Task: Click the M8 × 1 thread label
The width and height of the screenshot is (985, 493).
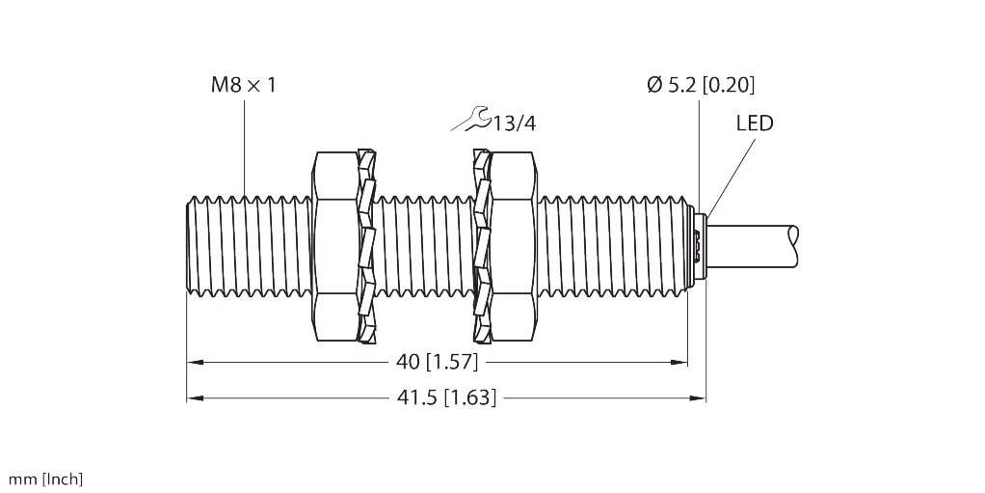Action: pyautogui.click(x=244, y=86)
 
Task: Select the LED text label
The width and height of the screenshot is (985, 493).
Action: pyautogui.click(x=755, y=123)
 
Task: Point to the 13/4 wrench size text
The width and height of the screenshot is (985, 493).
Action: pyautogui.click(x=514, y=123)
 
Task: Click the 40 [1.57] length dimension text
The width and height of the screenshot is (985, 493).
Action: pyautogui.click(x=438, y=363)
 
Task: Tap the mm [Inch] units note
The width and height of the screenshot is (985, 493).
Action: pyautogui.click(x=45, y=479)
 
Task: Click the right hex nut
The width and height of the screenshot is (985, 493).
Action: pyautogui.click(x=510, y=245)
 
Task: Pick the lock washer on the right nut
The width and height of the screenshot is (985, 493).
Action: pyautogui.click(x=481, y=245)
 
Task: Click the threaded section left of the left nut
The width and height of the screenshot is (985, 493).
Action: pyautogui.click(x=246, y=245)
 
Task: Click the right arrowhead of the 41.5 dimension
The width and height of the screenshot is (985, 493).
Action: pyautogui.click(x=701, y=397)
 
